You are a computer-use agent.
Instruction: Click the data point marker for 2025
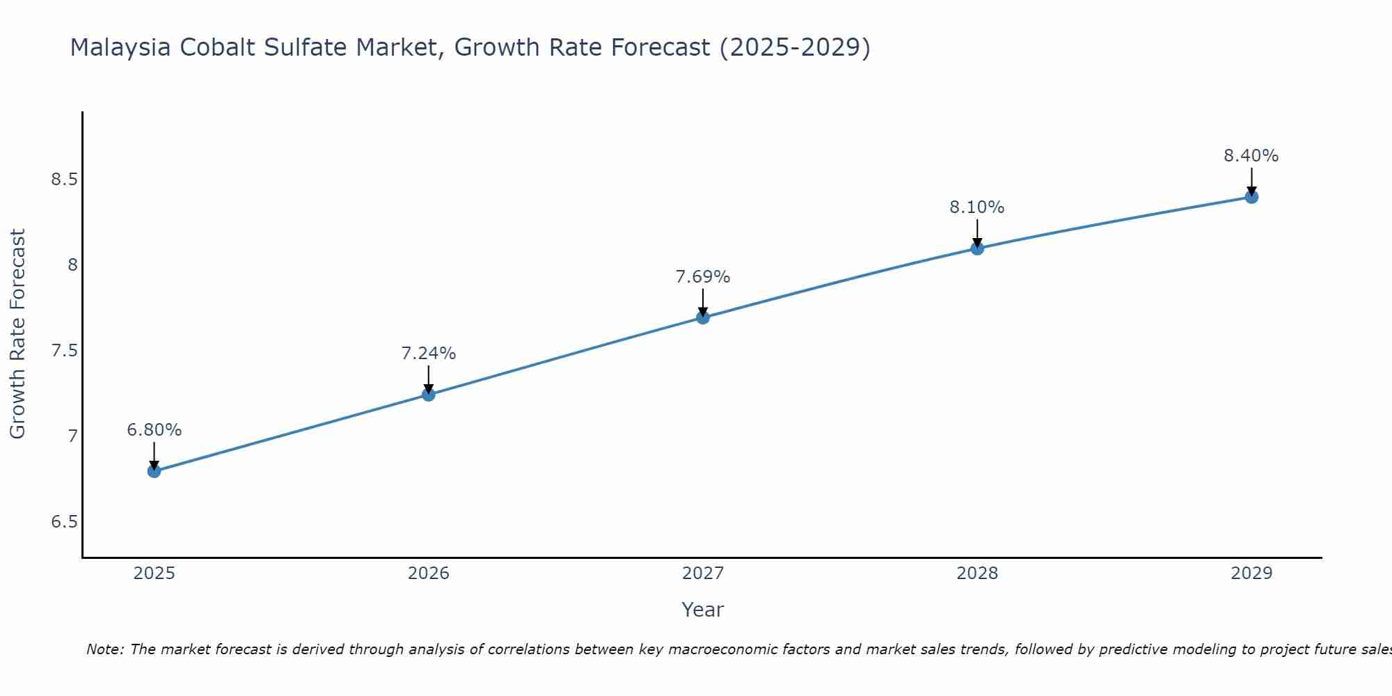point(154,471)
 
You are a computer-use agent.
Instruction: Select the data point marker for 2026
point(428,395)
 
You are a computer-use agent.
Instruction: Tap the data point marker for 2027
point(703,317)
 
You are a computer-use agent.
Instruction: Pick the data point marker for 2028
point(977,248)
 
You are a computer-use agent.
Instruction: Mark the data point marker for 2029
point(1251,197)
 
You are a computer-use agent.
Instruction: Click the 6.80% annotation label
point(154,430)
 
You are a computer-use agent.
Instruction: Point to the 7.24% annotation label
point(428,354)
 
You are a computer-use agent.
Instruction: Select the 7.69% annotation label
point(703,277)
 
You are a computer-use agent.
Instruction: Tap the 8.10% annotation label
point(977,207)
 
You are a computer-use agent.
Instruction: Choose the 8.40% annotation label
point(1251,156)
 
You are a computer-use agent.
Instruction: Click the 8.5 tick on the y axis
point(64,180)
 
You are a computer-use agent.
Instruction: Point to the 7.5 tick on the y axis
point(64,351)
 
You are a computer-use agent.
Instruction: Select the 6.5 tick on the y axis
point(64,522)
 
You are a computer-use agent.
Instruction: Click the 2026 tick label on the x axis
point(428,574)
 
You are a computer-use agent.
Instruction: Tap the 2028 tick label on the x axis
point(977,574)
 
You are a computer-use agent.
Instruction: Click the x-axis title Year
point(703,610)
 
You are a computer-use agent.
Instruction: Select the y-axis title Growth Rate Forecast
point(17,334)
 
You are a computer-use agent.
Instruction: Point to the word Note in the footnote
point(104,649)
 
